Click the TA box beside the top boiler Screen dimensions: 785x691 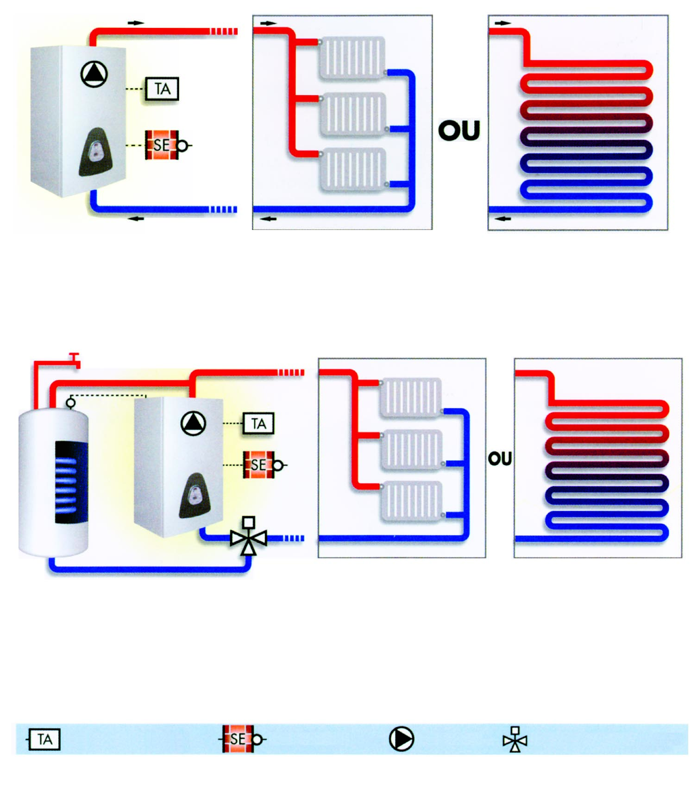pos(162,89)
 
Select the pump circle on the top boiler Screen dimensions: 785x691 pos(94,74)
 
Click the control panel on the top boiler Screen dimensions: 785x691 pos(96,152)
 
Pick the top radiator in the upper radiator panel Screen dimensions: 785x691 pos(352,57)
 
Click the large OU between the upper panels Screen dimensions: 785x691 pos(459,130)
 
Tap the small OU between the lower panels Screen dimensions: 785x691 pos(500,459)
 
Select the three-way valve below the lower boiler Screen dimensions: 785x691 pos(249,537)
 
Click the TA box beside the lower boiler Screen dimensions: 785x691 pos(258,423)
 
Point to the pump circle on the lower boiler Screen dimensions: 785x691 pos(193,423)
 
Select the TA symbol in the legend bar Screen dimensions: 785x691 pos(44,739)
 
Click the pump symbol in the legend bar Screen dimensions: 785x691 pos(402,739)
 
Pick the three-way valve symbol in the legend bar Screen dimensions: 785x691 pos(515,739)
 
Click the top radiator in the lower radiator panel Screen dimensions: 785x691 pos(410,397)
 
